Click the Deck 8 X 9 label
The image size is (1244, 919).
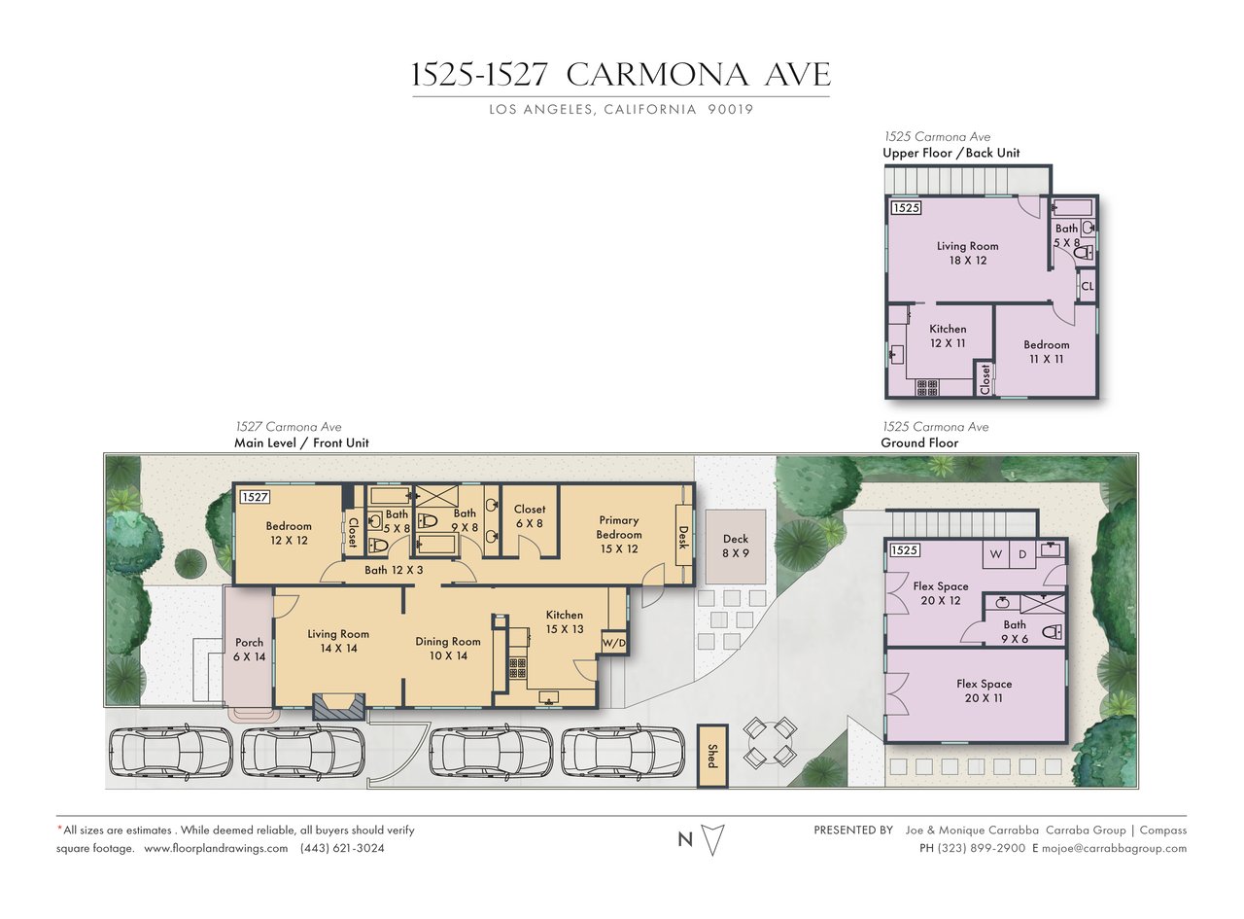[735, 546]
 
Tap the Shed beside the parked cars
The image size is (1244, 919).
[712, 757]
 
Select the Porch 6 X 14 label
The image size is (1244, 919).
[249, 650]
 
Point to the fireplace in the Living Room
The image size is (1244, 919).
[338, 707]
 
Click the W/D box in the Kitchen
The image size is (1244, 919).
[613, 643]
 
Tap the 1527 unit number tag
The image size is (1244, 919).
[255, 497]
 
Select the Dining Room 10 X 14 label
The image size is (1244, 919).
[448, 649]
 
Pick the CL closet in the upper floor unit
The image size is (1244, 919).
[1088, 286]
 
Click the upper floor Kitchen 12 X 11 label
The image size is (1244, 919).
[948, 336]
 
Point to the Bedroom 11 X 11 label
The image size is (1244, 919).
[1046, 351]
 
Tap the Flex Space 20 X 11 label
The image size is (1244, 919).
[984, 690]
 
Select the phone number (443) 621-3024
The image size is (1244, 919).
[342, 848]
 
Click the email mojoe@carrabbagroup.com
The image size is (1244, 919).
[1114, 848]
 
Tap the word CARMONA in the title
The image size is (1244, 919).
[657, 75]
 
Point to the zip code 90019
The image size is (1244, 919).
[730, 109]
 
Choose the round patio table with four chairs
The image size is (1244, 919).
[770, 742]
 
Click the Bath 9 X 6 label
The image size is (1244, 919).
[1015, 631]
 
